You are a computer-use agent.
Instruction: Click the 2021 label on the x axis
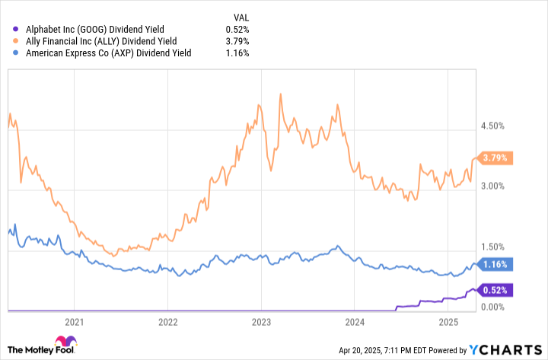(x=75, y=323)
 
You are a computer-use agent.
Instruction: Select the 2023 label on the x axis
(x=261, y=323)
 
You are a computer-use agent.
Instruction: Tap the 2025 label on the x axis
(x=448, y=323)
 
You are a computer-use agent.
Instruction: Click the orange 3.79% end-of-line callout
(x=496, y=158)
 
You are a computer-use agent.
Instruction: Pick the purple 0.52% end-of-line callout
(x=496, y=289)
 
